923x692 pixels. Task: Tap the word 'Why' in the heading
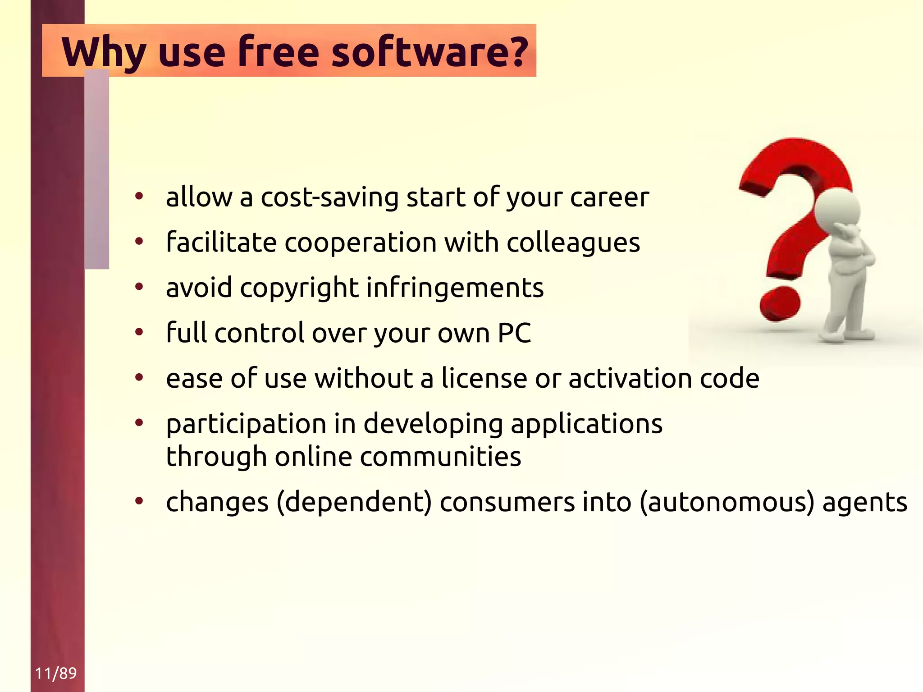coord(104,52)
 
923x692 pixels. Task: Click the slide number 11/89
coord(56,673)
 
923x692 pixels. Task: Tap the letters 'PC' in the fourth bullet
coord(514,333)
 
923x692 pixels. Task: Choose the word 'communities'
coord(440,456)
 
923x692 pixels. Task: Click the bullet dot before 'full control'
coord(139,332)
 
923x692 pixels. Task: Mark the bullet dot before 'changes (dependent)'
coord(139,501)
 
